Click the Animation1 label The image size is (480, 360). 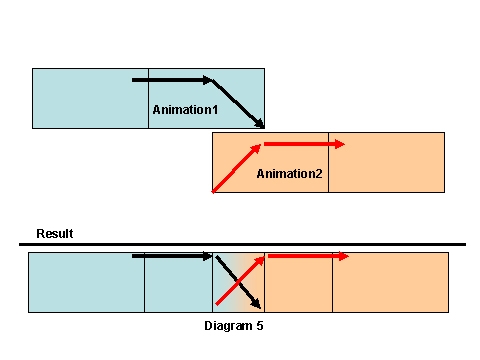[185, 108]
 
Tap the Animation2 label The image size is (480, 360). [289, 174]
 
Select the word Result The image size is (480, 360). [55, 234]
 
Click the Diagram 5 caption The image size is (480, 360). [233, 326]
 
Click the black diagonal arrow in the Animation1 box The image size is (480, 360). [240, 104]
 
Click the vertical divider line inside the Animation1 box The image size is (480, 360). [148, 98]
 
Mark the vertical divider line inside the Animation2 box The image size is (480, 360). [328, 162]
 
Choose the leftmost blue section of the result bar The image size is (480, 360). [86, 282]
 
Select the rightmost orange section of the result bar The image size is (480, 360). [390, 282]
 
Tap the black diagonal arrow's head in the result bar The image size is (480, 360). [257, 303]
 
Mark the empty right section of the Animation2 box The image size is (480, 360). [385, 162]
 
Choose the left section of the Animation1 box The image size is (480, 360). [90, 98]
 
